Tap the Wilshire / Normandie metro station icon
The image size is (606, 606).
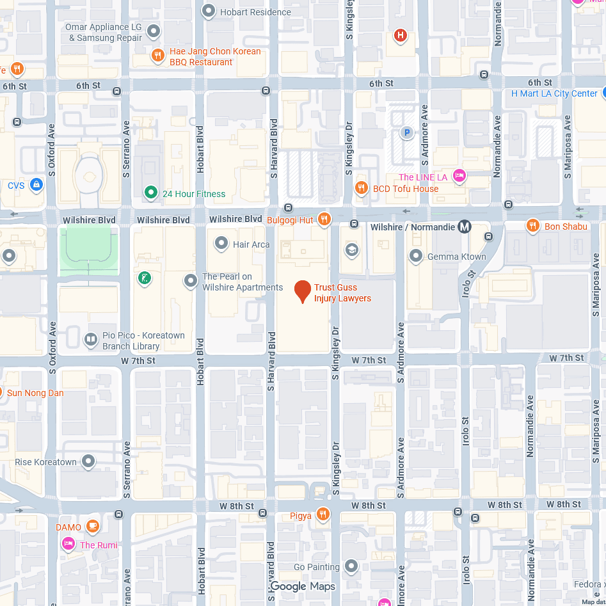pyautogui.click(x=465, y=227)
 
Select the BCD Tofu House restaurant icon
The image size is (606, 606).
pyautogui.click(x=362, y=188)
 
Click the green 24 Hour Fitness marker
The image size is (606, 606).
pyautogui.click(x=150, y=192)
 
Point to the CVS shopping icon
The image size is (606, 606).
pyautogui.click(x=36, y=185)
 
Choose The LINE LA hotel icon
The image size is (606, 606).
pyautogui.click(x=459, y=175)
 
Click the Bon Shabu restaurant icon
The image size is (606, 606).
pyautogui.click(x=532, y=225)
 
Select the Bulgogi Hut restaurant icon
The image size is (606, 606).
pyautogui.click(x=324, y=219)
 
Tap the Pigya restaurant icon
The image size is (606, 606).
pyautogui.click(x=323, y=514)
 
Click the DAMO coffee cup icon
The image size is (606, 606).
pyautogui.click(x=93, y=526)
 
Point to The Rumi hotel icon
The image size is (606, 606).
pyautogui.click(x=68, y=544)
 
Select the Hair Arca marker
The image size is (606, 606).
pyautogui.click(x=221, y=243)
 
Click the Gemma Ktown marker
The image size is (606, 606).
pyautogui.click(x=416, y=256)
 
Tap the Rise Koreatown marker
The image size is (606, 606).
pyautogui.click(x=88, y=461)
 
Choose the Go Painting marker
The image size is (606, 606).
pyautogui.click(x=351, y=566)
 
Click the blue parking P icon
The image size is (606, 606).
pyautogui.click(x=406, y=132)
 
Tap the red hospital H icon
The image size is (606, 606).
pyautogui.click(x=401, y=35)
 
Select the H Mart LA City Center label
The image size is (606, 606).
pyautogui.click(x=554, y=93)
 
